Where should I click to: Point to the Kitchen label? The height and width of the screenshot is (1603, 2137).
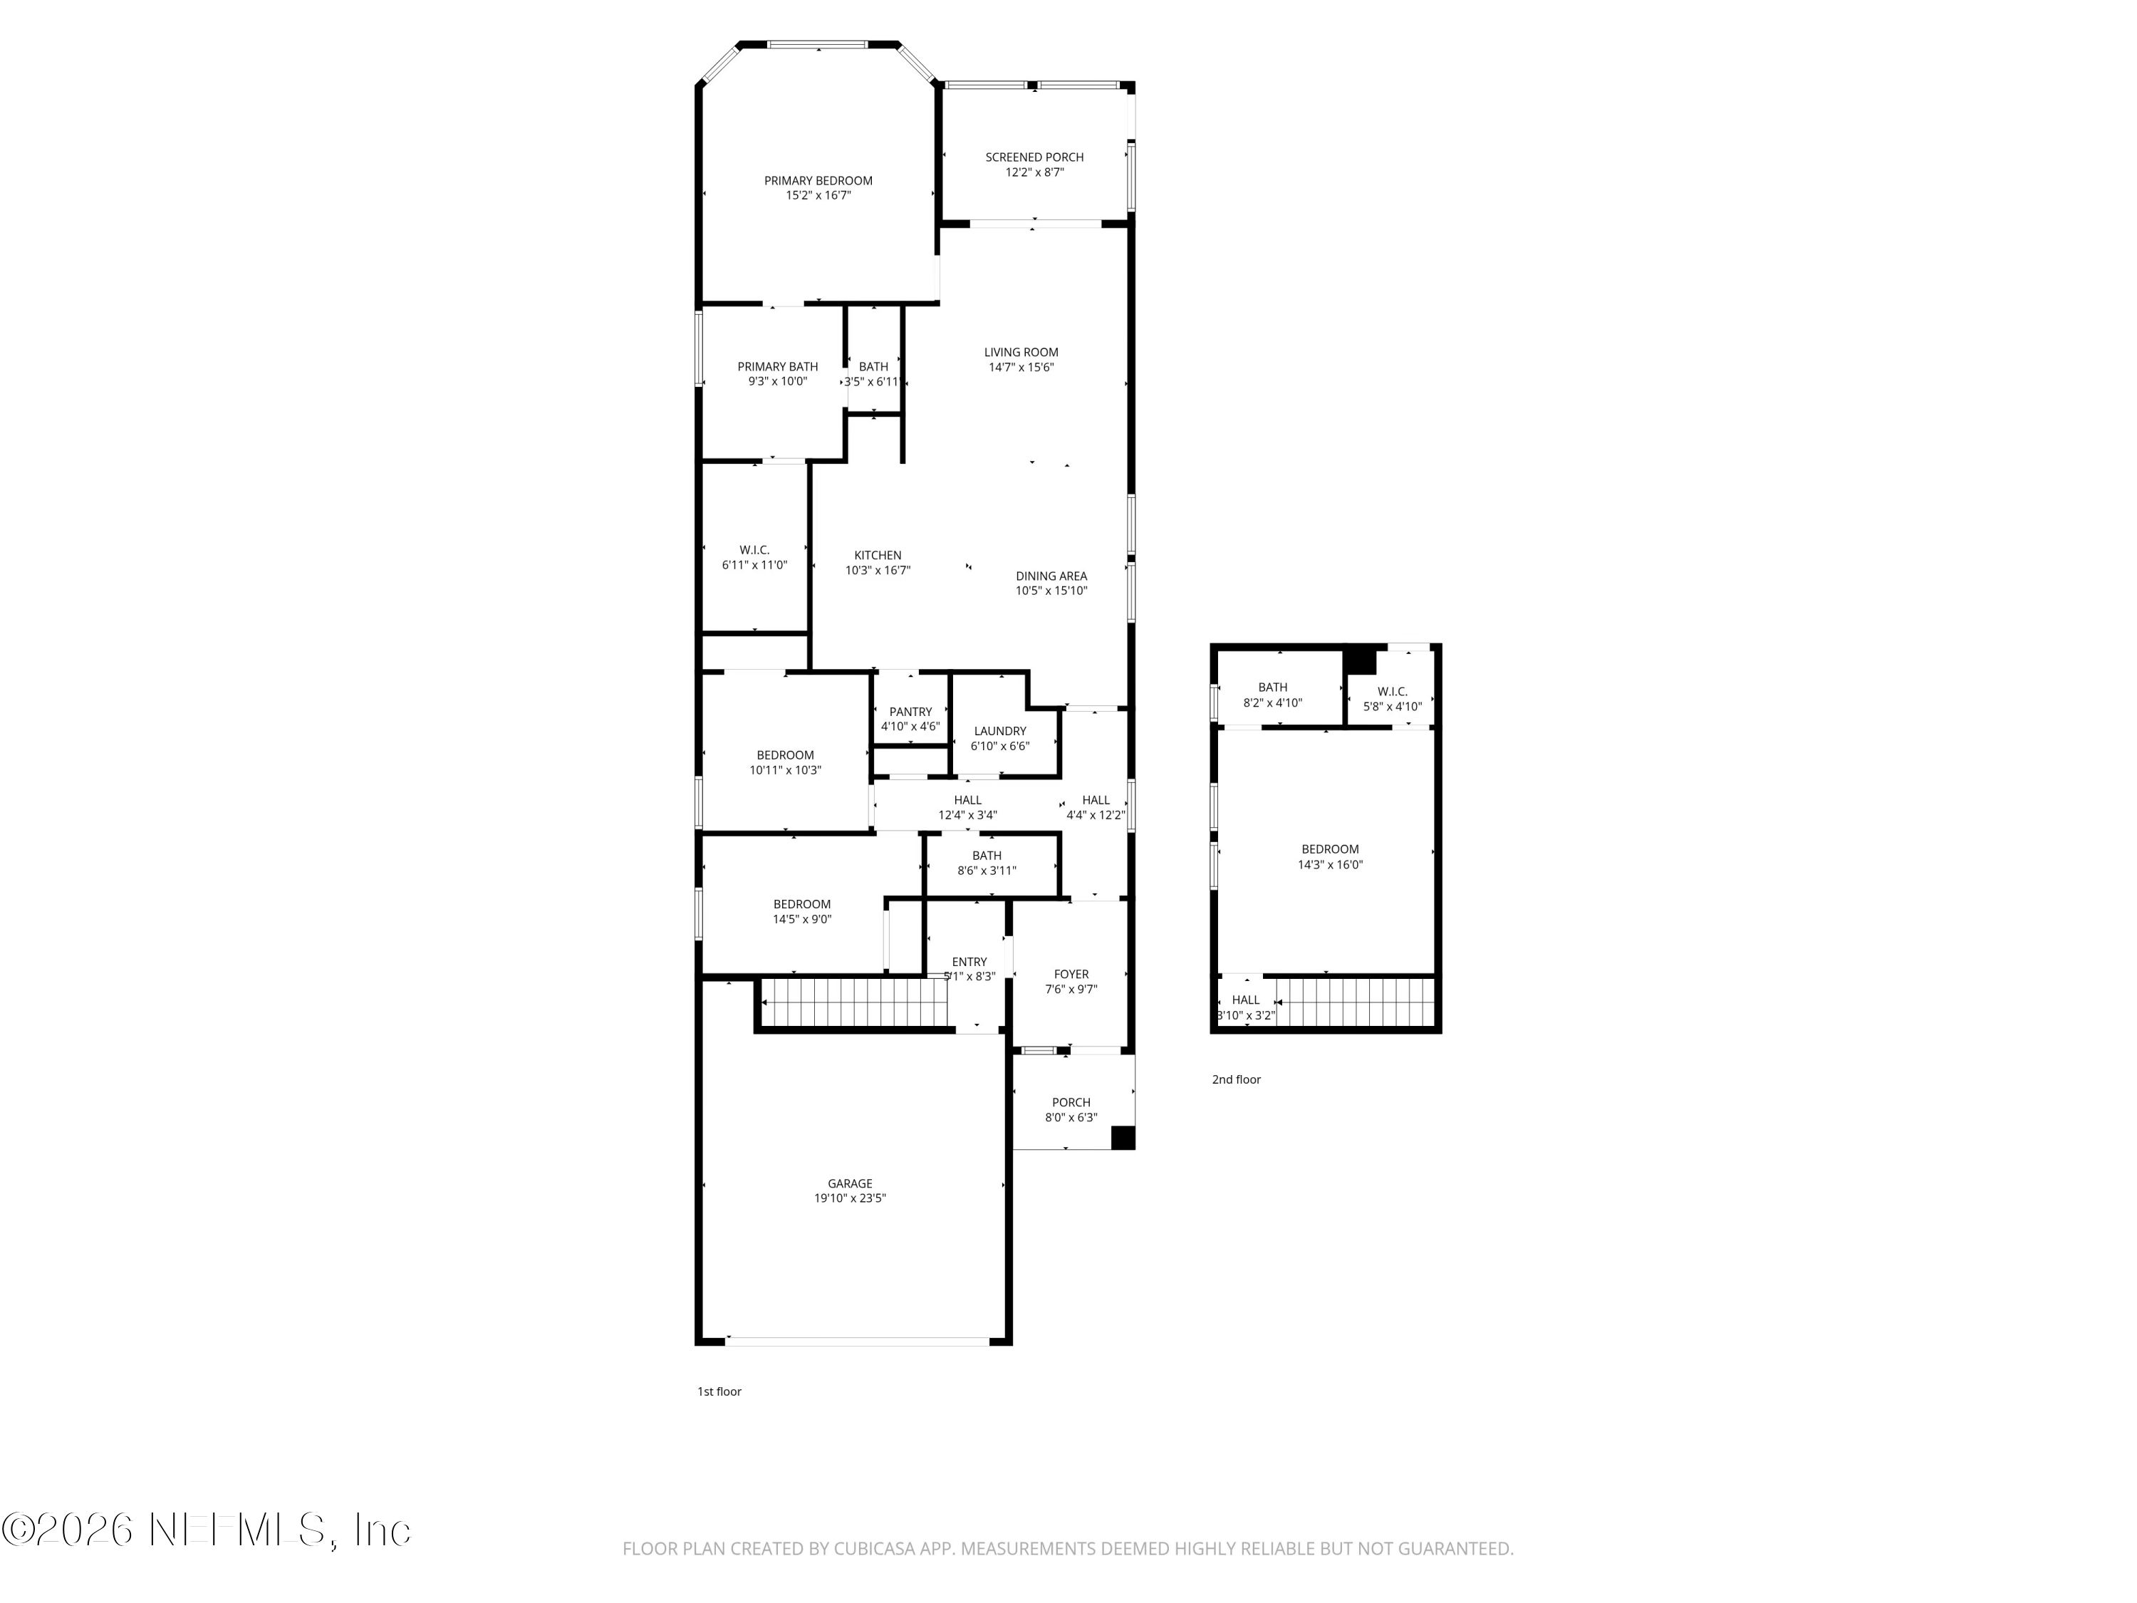point(877,556)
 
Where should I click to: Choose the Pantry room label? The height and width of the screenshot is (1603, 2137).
point(910,712)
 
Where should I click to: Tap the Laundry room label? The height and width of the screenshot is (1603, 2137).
point(999,732)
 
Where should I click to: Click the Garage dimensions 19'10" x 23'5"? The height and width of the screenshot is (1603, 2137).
point(849,1198)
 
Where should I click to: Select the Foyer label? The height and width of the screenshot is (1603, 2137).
point(1071,974)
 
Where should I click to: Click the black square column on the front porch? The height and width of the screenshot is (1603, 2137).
point(1122,1138)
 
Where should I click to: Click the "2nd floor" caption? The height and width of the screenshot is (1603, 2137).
point(1236,1079)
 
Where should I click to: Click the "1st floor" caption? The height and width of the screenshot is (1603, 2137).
point(719,1391)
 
